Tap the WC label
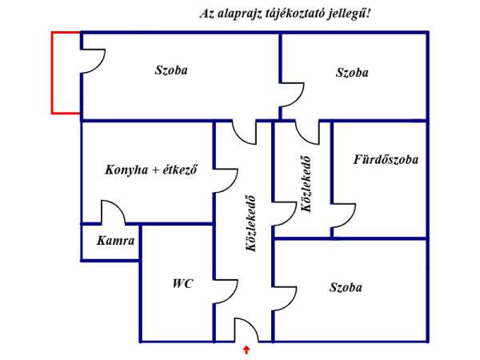click(x=182, y=283)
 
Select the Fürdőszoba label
click(x=386, y=159)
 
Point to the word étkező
click(x=179, y=170)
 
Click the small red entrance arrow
click(x=246, y=349)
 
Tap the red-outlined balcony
click(x=66, y=73)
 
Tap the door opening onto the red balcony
click(x=92, y=61)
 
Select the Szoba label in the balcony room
click(x=171, y=70)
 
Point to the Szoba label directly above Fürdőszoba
click(x=352, y=72)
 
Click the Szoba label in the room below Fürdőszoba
click(x=346, y=287)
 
